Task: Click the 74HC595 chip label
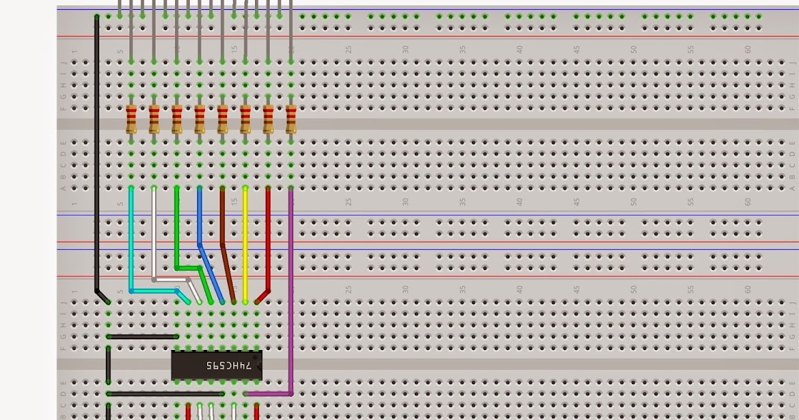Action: (x=228, y=365)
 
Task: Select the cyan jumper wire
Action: (x=131, y=240)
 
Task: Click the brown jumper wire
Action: (x=222, y=220)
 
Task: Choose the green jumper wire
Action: (x=177, y=227)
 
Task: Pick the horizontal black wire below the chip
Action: (x=173, y=394)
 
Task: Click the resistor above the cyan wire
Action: (x=131, y=120)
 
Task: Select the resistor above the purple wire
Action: (x=291, y=120)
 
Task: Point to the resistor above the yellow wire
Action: (x=245, y=120)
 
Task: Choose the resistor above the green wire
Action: (x=176, y=120)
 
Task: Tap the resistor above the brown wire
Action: (x=222, y=120)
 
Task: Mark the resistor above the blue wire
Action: (x=200, y=120)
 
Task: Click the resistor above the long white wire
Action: (x=154, y=120)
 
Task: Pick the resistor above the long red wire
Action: (x=268, y=120)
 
